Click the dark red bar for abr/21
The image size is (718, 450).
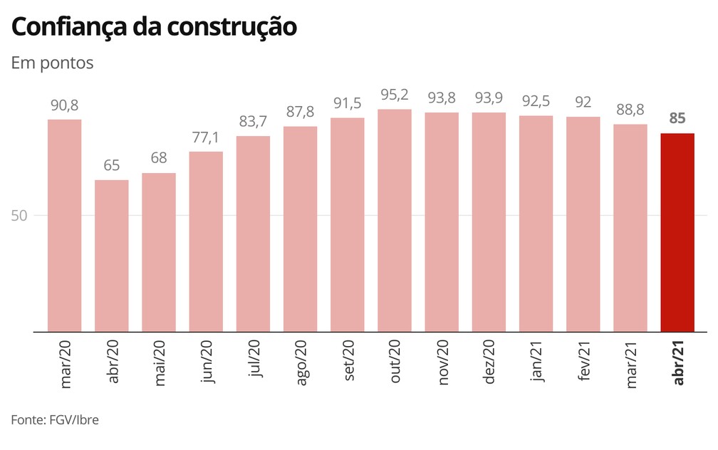point(677,232)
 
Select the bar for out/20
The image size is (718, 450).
point(395,220)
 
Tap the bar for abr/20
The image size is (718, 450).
point(112,256)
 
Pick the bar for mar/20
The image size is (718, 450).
point(65,225)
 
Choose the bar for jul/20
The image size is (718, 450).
point(253,234)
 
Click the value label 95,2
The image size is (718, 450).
point(395,95)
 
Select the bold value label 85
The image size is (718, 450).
point(677,119)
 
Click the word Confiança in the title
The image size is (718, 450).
point(68,27)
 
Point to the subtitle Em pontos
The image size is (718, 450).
point(52,63)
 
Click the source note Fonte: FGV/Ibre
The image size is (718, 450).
point(55,420)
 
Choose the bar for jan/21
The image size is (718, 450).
point(536,224)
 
